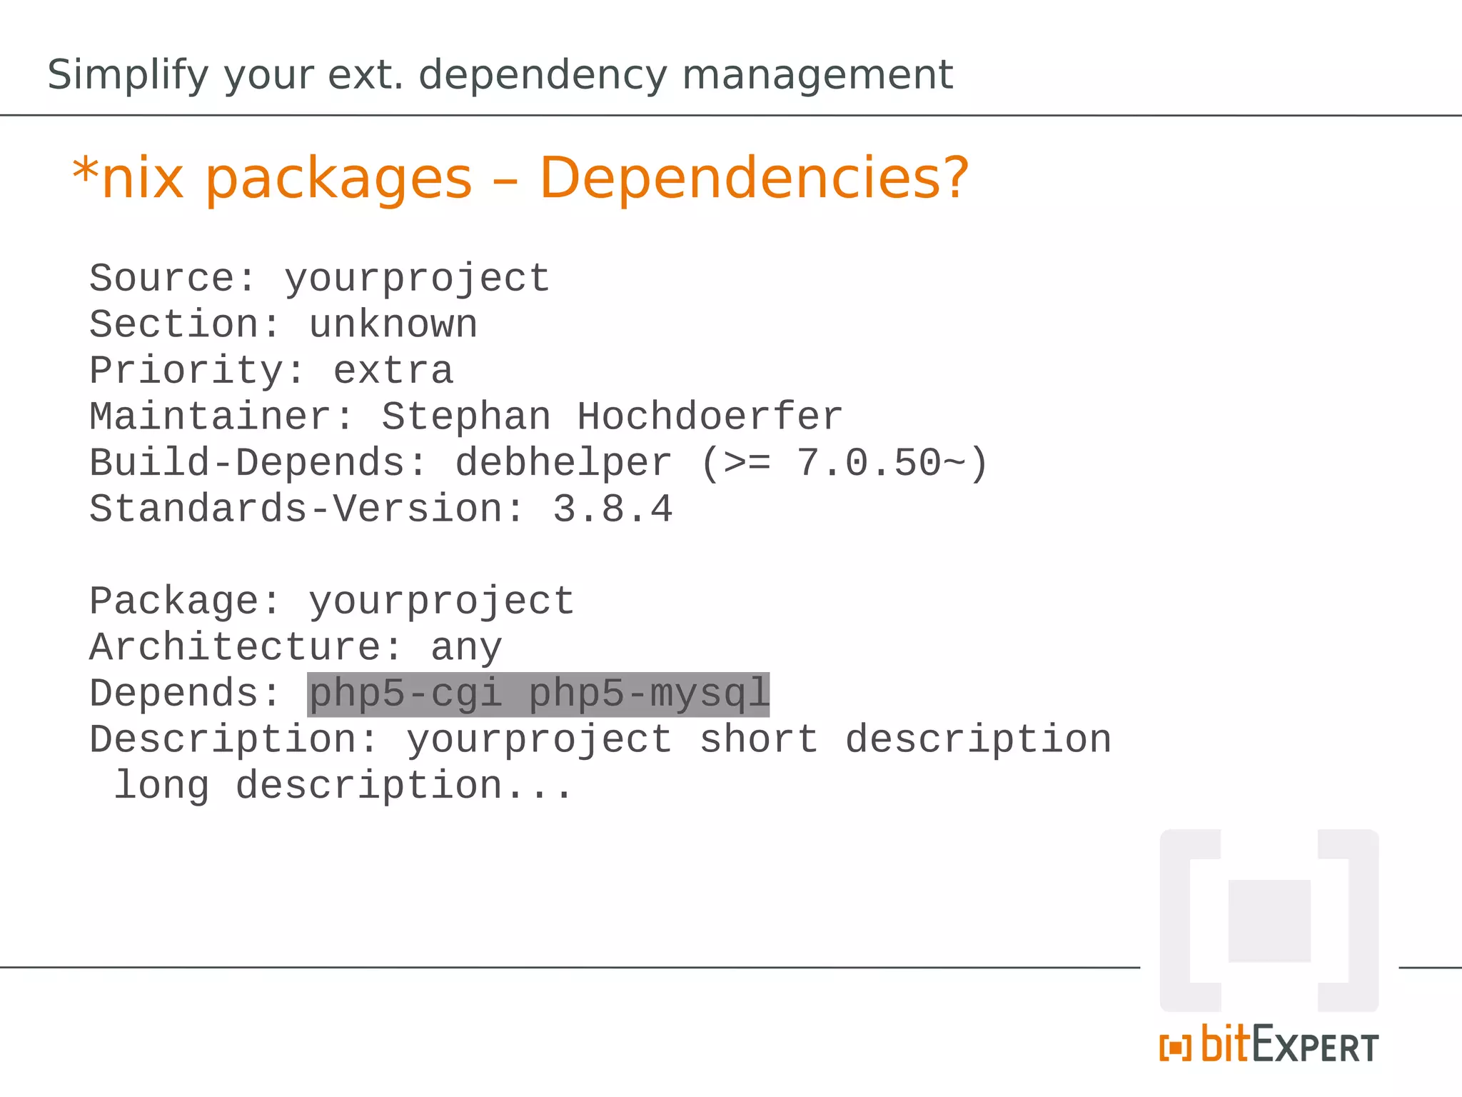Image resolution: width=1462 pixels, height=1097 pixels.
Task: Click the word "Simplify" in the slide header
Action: (128, 75)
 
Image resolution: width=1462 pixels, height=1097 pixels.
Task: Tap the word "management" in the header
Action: (817, 75)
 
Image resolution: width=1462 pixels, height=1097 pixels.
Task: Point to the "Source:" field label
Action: (172, 279)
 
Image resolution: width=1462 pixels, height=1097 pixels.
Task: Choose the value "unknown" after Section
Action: (393, 325)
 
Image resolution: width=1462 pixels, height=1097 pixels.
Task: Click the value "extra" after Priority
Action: (393, 371)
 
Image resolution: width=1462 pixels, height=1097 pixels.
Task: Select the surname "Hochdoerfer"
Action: (710, 417)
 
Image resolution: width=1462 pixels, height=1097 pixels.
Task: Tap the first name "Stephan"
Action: (466, 417)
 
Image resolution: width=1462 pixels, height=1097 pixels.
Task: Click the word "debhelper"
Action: (564, 464)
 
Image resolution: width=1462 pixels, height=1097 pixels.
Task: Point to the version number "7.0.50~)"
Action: (892, 464)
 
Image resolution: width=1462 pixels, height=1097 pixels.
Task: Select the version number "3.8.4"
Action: (612, 510)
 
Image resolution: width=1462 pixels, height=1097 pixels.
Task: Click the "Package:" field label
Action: (185, 602)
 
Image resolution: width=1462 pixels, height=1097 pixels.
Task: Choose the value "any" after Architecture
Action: (466, 648)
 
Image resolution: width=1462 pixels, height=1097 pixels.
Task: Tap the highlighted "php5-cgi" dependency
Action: (405, 694)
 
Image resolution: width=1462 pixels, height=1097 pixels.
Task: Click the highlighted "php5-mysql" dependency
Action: (649, 694)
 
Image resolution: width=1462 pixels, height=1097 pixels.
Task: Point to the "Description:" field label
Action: (233, 741)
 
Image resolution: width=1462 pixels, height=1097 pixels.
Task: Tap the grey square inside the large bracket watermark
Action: (1269, 921)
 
